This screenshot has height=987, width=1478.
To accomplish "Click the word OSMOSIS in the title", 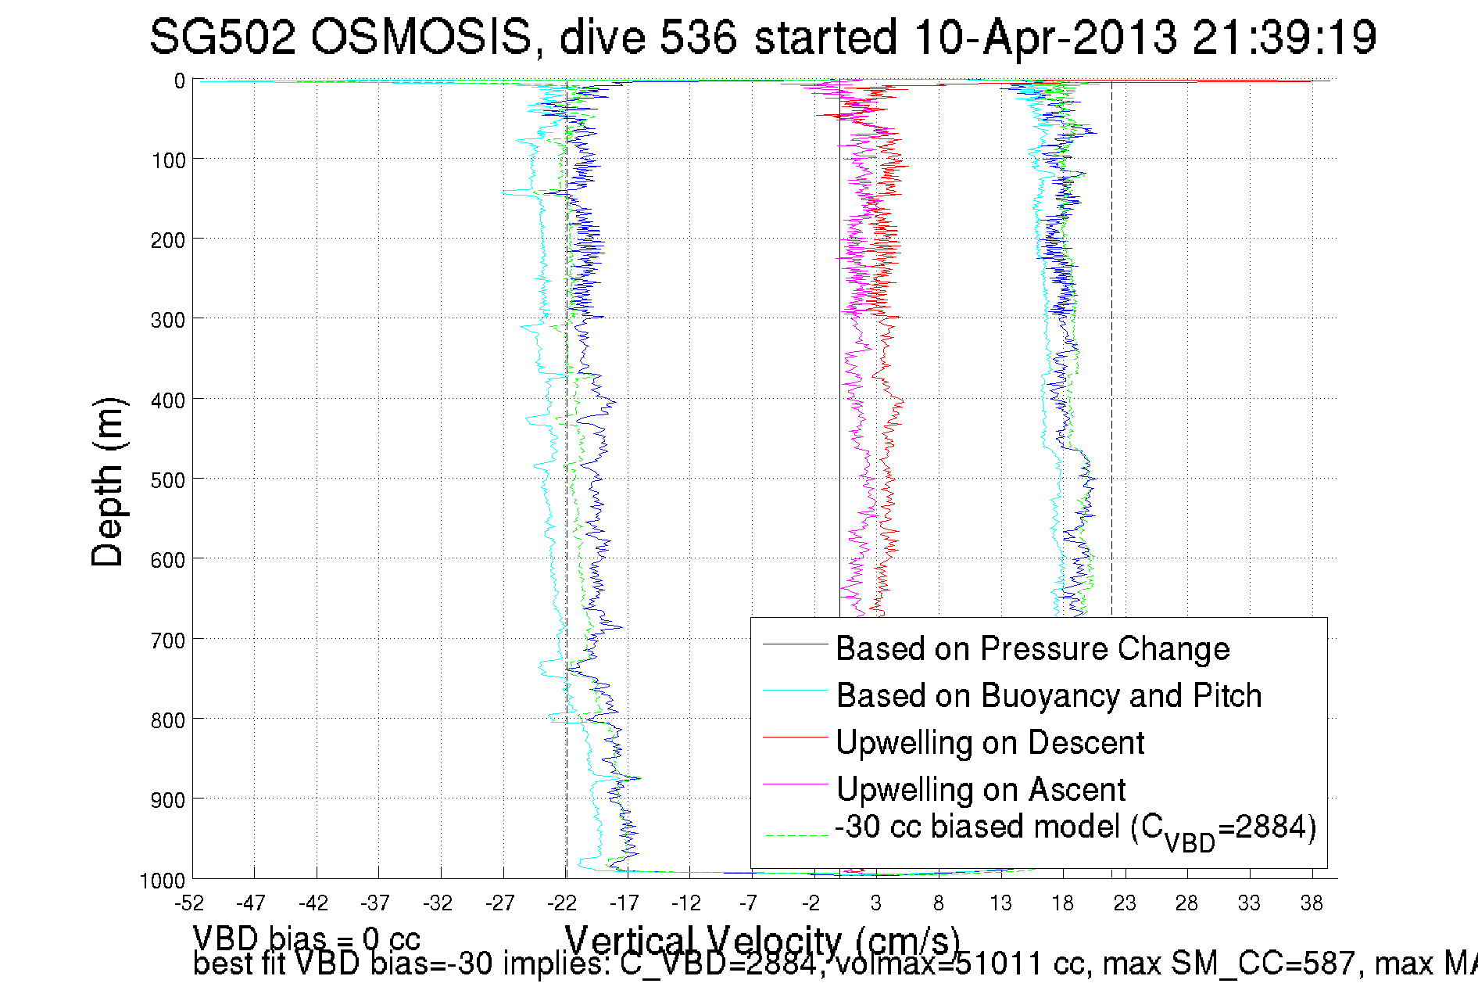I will click(421, 38).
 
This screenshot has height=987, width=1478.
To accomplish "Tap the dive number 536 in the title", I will click(698, 38).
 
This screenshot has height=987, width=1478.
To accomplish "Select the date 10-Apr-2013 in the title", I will click(1044, 38).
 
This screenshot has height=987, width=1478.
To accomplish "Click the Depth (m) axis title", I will click(108, 482).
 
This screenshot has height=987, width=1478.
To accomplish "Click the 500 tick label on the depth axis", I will click(168, 479).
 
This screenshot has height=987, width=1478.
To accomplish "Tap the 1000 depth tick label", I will click(163, 881).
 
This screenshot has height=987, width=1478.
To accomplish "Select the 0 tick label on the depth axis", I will click(180, 81).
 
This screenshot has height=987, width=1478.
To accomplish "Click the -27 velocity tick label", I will click(500, 903).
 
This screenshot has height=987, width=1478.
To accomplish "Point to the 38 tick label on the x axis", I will click(1312, 903).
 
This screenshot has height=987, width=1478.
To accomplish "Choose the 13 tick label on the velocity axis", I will click(1000, 903).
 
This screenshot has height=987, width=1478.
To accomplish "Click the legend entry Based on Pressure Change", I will click(1032, 648).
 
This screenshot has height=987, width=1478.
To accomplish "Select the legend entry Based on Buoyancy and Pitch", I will click(1049, 695).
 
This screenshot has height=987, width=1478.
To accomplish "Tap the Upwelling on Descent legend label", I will click(990, 742).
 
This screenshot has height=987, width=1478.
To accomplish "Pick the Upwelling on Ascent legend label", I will click(981, 789).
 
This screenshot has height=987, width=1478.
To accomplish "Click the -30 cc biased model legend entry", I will click(1075, 829).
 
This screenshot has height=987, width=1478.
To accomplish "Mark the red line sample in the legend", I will click(795, 737).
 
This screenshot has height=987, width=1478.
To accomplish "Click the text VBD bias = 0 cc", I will click(306, 938).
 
